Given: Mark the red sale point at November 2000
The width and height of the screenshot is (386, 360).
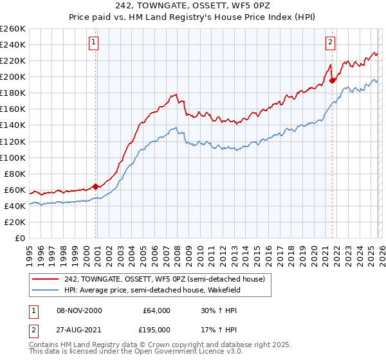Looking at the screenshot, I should click(96, 186).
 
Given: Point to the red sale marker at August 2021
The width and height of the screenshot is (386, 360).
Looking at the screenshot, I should click(333, 80).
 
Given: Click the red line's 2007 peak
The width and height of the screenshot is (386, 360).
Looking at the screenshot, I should click(175, 94).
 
